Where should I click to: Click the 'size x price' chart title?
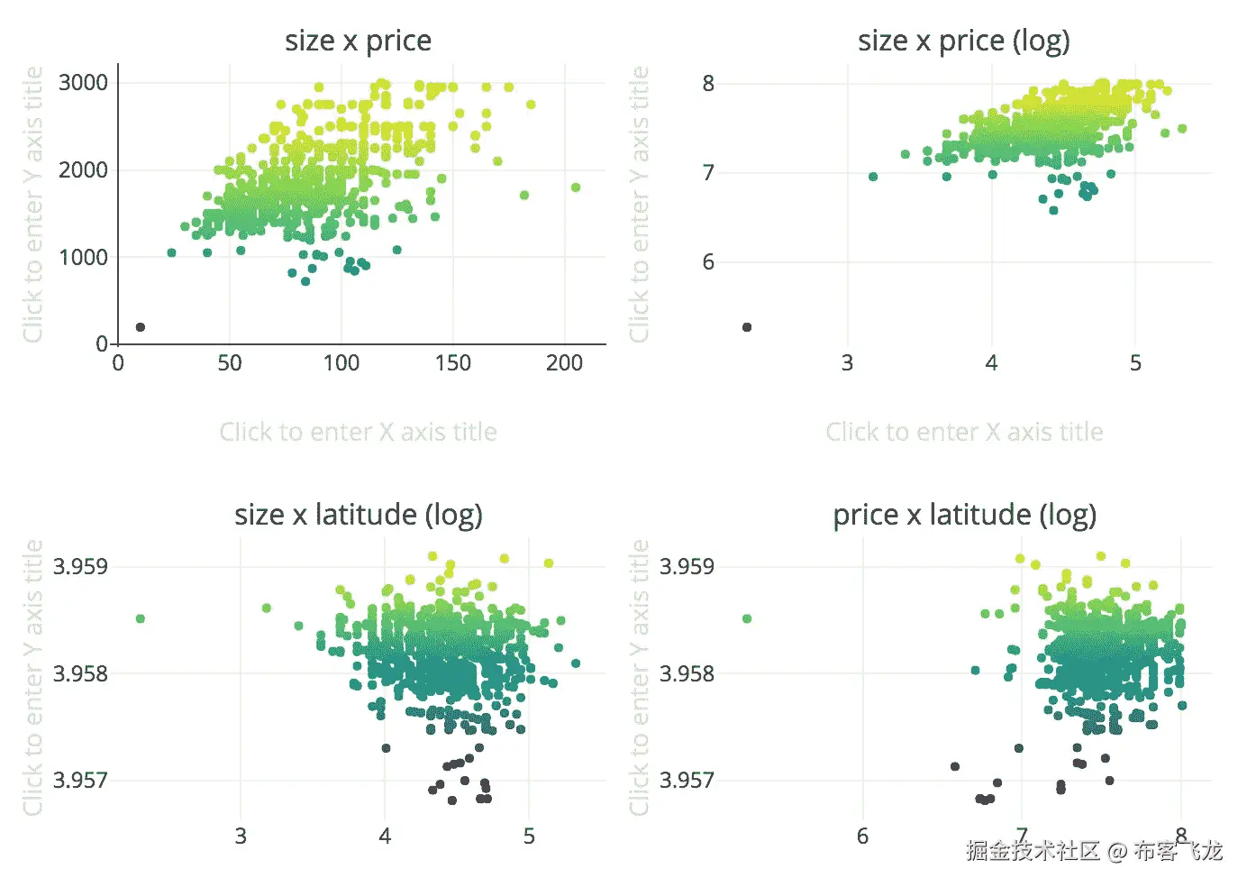tap(358, 41)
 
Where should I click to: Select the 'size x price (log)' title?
tap(963, 41)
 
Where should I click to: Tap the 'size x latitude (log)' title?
tap(358, 515)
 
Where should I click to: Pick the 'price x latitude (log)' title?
tap(964, 515)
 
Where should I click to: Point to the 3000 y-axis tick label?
tap(83, 83)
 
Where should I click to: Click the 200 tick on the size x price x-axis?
tap(564, 363)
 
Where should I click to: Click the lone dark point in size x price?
tap(140, 327)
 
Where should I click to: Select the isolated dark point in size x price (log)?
tap(747, 327)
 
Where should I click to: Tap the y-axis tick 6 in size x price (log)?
tap(708, 261)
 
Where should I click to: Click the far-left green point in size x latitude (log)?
tap(141, 618)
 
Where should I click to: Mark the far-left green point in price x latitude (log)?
tap(747, 618)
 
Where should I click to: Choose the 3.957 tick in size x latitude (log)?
tap(80, 780)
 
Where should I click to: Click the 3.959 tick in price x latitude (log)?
tap(687, 566)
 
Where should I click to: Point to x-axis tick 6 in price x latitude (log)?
tap(862, 837)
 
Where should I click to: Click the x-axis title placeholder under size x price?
tap(358, 432)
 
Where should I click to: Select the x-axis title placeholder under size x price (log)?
tap(964, 432)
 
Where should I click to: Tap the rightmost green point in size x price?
tap(576, 187)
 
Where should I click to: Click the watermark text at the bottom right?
tap(1094, 850)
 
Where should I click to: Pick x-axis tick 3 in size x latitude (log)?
tap(241, 837)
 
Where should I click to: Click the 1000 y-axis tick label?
tap(83, 258)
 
